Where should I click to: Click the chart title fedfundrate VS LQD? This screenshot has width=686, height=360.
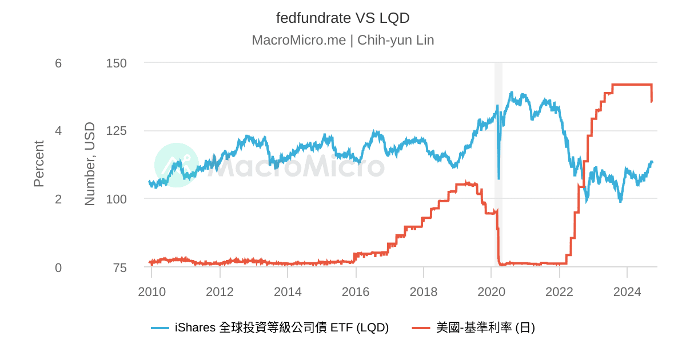tap(342, 18)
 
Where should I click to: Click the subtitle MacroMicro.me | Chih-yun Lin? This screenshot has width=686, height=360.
tap(342, 40)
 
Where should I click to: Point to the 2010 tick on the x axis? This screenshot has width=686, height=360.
tap(151, 292)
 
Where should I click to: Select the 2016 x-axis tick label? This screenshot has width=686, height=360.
tap(356, 292)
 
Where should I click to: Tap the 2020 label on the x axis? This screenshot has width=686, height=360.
tap(491, 292)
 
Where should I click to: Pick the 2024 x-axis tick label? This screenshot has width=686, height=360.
tap(627, 292)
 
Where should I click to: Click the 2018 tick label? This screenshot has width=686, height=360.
tap(423, 292)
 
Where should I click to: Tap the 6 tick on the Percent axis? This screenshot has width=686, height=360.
tap(58, 63)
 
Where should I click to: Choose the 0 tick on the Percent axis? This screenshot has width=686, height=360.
tap(58, 267)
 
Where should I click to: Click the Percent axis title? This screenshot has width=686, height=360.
tap(39, 164)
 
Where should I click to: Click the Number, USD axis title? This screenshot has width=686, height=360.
tap(90, 164)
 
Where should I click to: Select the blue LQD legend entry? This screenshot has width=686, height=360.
tap(270, 327)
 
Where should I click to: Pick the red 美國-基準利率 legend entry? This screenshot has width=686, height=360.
tap(473, 327)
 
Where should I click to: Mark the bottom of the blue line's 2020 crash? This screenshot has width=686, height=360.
tap(498, 178)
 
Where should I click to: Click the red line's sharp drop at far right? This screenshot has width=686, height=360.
tap(652, 94)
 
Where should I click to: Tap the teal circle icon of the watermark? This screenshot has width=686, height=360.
tap(177, 165)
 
